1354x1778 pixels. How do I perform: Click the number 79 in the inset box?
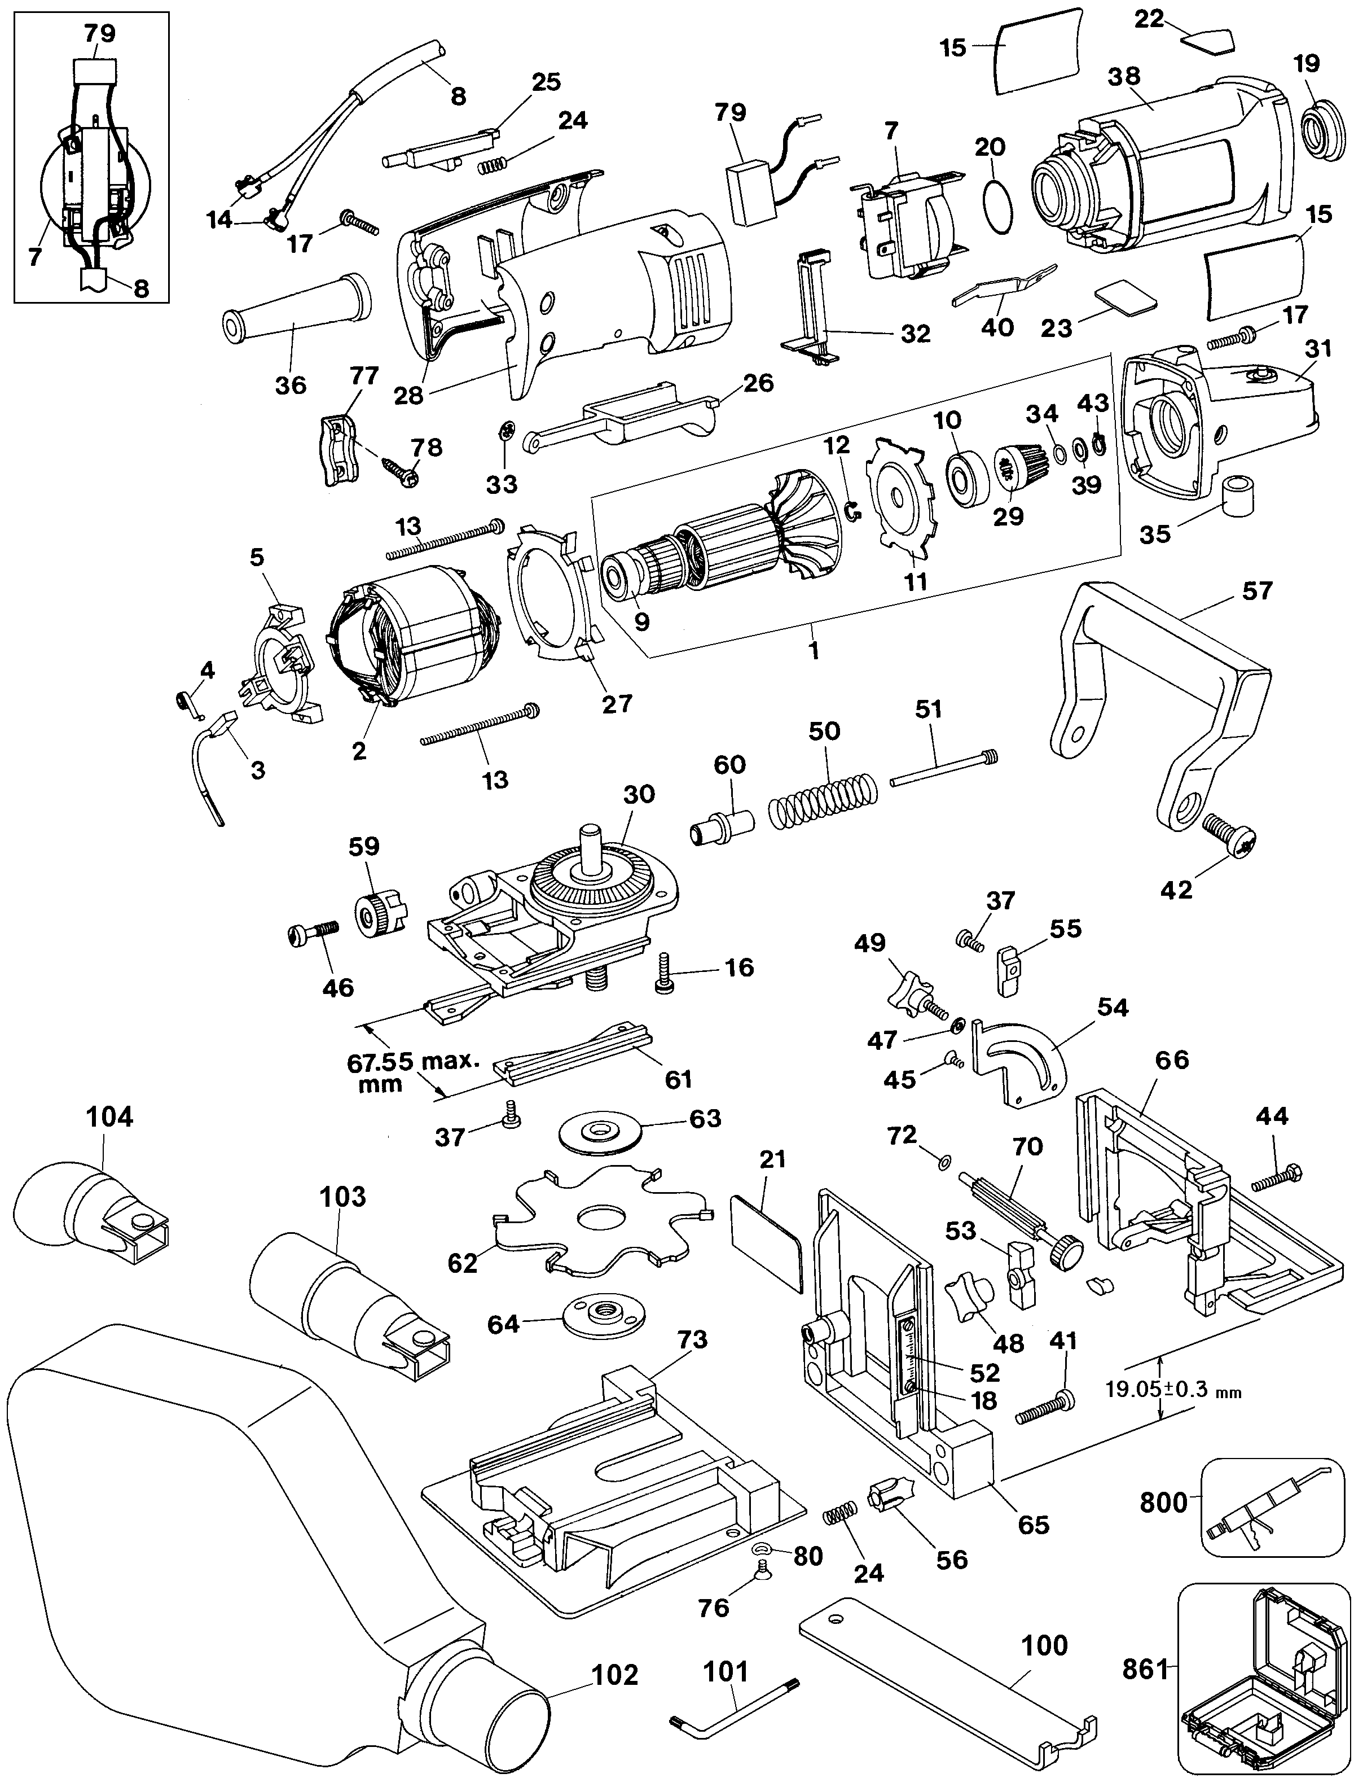point(100,33)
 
